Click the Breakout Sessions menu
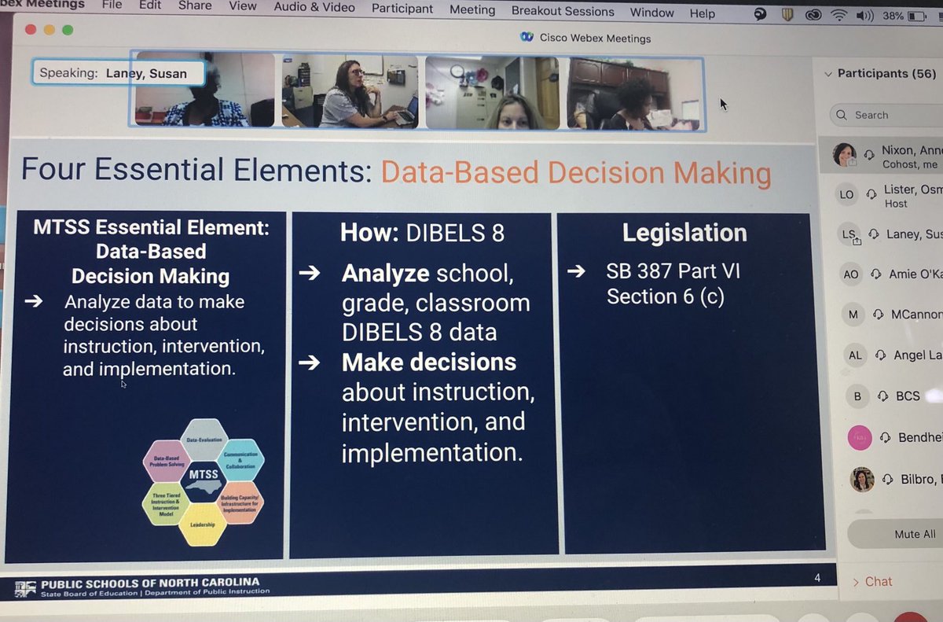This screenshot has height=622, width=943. [563, 12]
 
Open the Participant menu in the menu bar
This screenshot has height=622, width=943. [402, 9]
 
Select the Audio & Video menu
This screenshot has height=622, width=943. [314, 7]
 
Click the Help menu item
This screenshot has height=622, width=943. [702, 13]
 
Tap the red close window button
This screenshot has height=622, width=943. [30, 29]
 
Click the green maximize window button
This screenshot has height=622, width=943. [68, 30]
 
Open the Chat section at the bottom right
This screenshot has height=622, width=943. [878, 582]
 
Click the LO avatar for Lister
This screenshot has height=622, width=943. [846, 195]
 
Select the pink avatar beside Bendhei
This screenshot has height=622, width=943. [860, 437]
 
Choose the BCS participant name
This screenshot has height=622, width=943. [908, 396]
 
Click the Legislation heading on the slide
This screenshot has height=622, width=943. [684, 233]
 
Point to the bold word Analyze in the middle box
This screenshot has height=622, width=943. [385, 274]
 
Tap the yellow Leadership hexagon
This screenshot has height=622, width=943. [202, 524]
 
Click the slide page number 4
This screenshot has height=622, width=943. [817, 578]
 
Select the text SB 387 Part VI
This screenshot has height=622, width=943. [673, 272]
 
